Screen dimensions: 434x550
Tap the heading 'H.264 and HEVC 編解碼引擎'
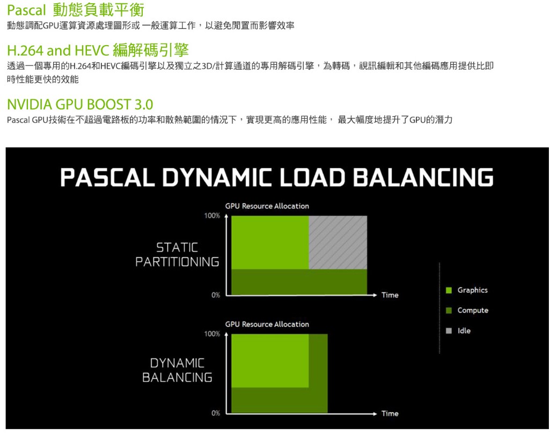pyautogui.click(x=98, y=51)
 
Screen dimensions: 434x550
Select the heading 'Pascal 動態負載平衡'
pyautogui.click(x=76, y=11)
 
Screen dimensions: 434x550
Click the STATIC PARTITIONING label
pyautogui.click(x=177, y=255)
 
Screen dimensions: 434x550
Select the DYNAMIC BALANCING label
pyautogui.click(x=177, y=370)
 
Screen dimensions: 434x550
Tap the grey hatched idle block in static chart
pyautogui.click(x=338, y=242)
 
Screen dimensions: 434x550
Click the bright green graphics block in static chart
pyautogui.click(x=270, y=242)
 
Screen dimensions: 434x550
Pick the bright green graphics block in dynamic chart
pyautogui.click(x=270, y=360)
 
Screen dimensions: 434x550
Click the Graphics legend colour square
pyautogui.click(x=449, y=290)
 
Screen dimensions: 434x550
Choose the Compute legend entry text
pyautogui.click(x=473, y=311)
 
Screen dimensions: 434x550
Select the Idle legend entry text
pyautogui.click(x=464, y=331)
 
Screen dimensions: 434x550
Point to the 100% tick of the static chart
pyautogui.click(x=212, y=216)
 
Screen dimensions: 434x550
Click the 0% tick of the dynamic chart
pyautogui.click(x=215, y=413)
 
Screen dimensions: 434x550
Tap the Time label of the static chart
pyautogui.click(x=390, y=295)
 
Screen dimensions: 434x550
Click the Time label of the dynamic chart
pyautogui.click(x=390, y=413)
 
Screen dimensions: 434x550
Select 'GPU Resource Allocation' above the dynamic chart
pyautogui.click(x=267, y=324)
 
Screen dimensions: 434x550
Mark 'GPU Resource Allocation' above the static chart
pyautogui.click(x=267, y=206)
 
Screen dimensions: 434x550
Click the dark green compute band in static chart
pyautogui.click(x=299, y=282)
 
